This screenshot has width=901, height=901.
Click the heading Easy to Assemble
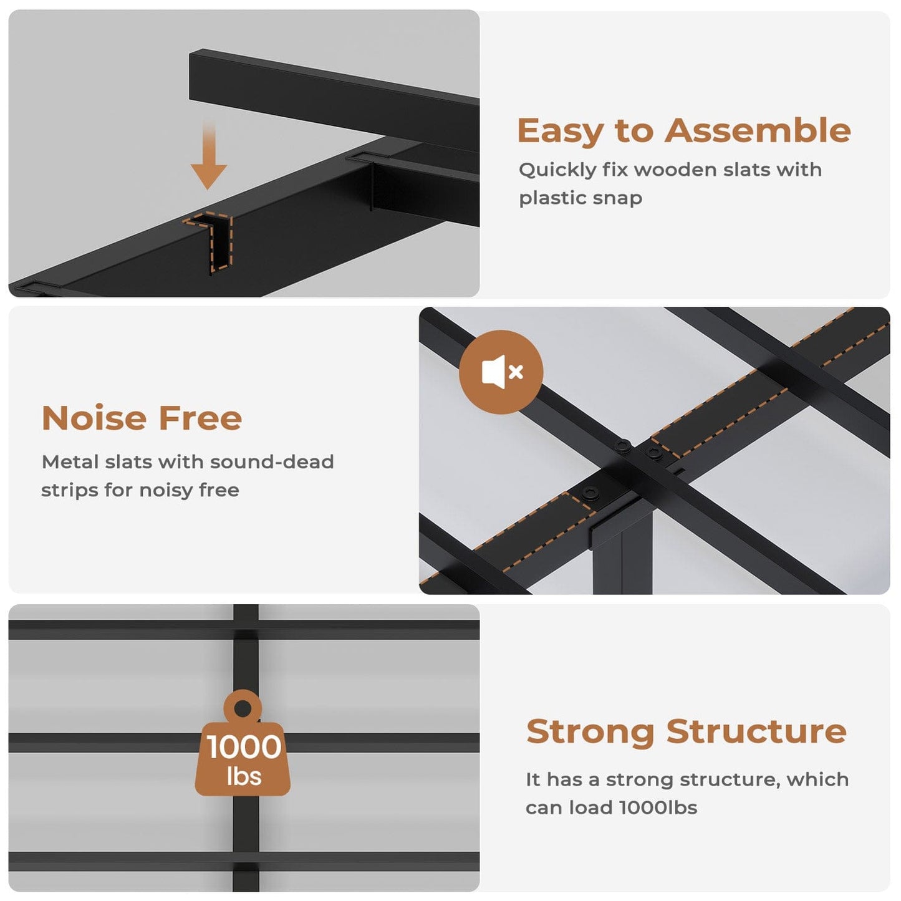point(683,131)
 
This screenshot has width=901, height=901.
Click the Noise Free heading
point(142,418)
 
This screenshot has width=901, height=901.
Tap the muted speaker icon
point(501,372)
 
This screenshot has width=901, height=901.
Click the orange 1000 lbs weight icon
point(243,748)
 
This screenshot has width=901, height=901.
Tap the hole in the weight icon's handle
point(243,708)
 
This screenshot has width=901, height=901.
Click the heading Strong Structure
point(686,731)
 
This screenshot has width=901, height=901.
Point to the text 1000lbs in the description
point(658,807)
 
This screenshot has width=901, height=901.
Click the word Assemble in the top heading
point(757,131)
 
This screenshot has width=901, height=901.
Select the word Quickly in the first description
point(557,170)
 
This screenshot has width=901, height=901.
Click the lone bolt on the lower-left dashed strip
point(589,493)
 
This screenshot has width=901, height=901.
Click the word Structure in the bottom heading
point(756,731)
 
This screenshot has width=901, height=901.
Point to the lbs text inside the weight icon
point(244,777)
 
